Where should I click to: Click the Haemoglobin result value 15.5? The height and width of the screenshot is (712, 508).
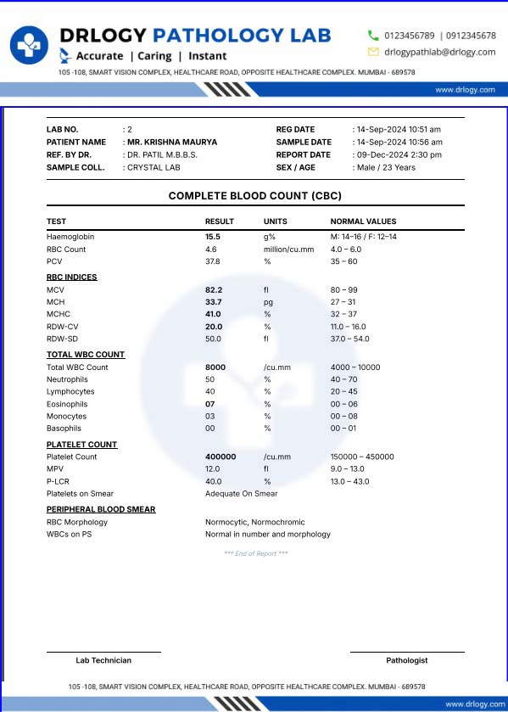click(x=213, y=237)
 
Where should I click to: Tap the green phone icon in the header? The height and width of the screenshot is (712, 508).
click(x=373, y=36)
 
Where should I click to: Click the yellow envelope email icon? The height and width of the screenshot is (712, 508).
click(x=373, y=52)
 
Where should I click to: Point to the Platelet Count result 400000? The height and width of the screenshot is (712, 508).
click(x=221, y=457)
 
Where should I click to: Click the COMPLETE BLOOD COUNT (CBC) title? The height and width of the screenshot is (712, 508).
click(x=254, y=196)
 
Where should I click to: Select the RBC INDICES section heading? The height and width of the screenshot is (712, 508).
click(x=71, y=278)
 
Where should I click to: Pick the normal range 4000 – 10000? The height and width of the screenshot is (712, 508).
click(x=355, y=367)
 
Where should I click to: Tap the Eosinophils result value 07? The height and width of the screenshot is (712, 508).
click(x=210, y=405)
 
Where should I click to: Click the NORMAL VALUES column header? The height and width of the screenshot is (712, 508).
click(x=363, y=221)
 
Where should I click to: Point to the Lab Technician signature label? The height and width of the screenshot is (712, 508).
click(x=103, y=660)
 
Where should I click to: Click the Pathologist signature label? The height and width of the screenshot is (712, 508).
click(x=407, y=660)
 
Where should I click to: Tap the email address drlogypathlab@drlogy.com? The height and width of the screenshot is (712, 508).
click(x=440, y=52)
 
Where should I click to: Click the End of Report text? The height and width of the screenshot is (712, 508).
click(x=255, y=553)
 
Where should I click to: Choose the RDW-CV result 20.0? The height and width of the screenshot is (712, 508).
click(x=214, y=327)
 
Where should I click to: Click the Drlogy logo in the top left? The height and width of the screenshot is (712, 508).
click(x=30, y=45)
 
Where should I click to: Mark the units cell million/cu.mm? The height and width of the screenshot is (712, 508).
click(x=288, y=249)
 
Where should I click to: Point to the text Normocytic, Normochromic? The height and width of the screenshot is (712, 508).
click(x=254, y=523)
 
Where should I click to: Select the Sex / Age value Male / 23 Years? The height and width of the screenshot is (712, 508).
click(x=387, y=168)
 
